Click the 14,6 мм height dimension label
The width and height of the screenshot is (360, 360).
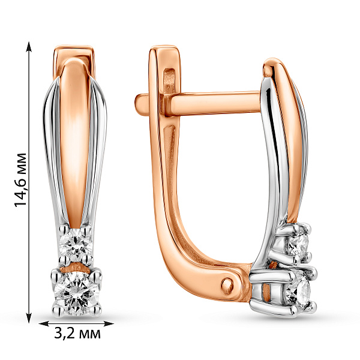pyautogui.click(x=20, y=180)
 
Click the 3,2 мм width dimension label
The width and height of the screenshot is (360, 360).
pyautogui.click(x=77, y=334)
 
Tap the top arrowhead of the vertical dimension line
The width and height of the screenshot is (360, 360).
pyautogui.click(x=29, y=46)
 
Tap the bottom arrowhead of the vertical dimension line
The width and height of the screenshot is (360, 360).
pyautogui.click(x=29, y=317)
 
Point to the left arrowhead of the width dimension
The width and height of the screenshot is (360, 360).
pyautogui.click(x=44, y=324)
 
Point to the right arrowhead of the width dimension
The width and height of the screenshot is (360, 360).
pyautogui.click(x=109, y=324)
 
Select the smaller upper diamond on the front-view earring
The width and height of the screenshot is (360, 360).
pyautogui.click(x=76, y=243)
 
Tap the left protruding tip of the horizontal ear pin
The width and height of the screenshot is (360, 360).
pyautogui.click(x=139, y=104)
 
